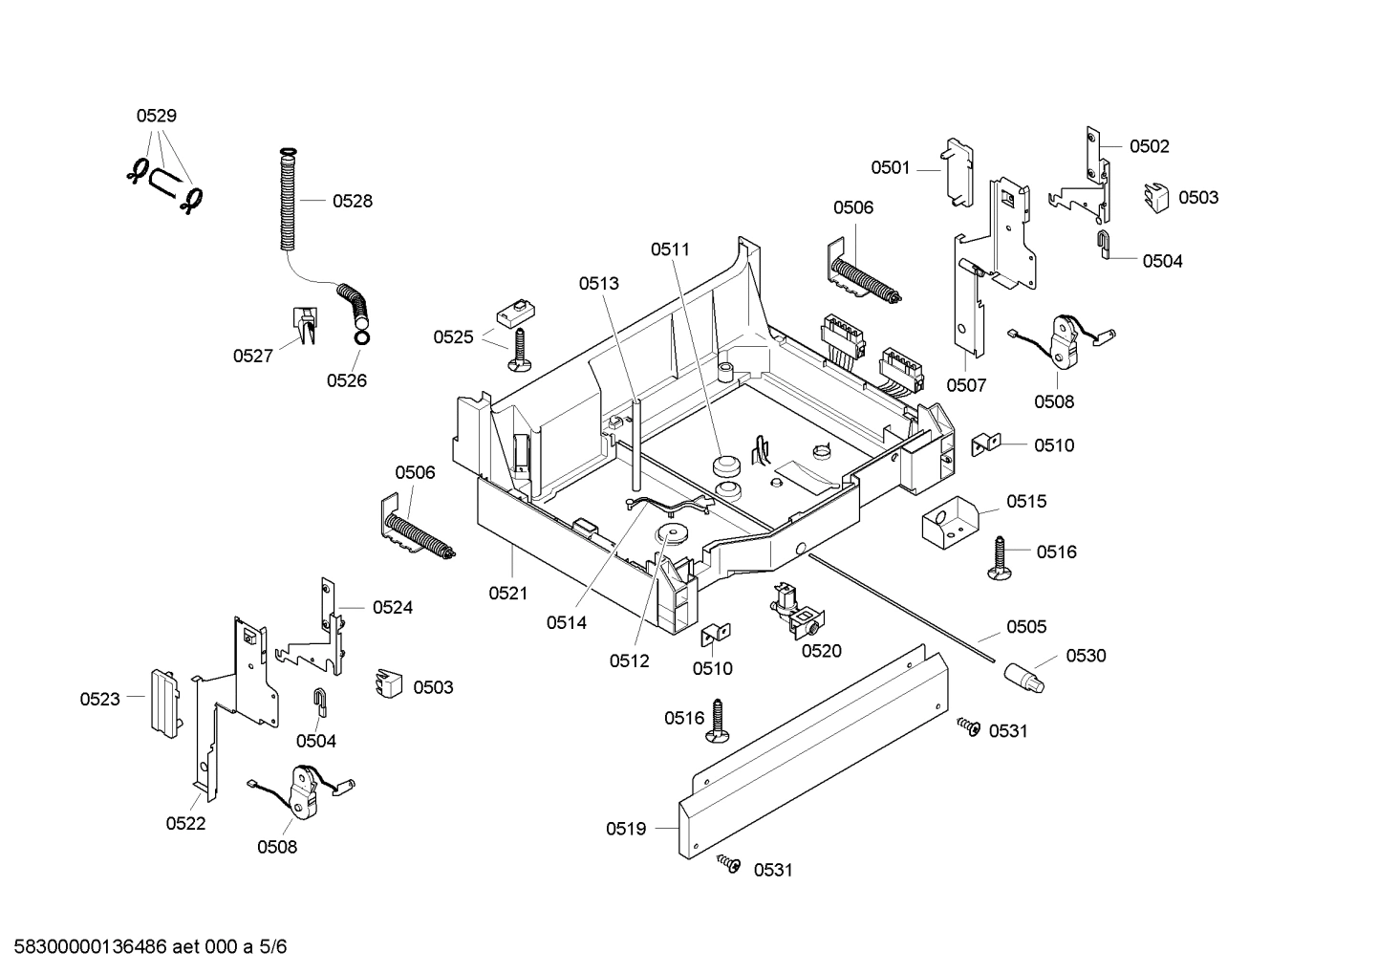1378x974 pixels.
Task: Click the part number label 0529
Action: [156, 116]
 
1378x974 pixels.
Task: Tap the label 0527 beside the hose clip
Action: [252, 356]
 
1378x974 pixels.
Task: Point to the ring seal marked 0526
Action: [361, 337]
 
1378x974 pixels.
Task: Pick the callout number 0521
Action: [507, 593]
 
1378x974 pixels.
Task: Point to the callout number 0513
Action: [598, 283]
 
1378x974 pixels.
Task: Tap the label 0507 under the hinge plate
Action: [966, 385]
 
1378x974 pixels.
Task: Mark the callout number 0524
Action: [392, 607]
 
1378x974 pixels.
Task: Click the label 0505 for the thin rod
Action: [1025, 626]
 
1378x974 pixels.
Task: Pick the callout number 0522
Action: [185, 823]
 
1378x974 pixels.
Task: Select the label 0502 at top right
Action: [1149, 146]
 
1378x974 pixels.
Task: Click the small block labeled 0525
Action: [513, 312]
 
